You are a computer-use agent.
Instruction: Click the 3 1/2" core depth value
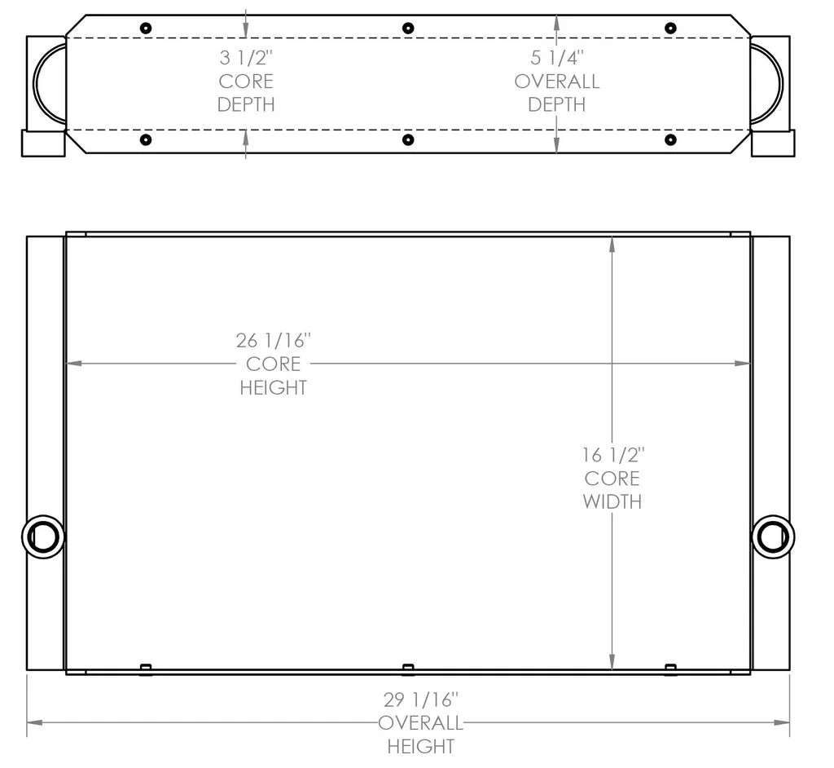246,58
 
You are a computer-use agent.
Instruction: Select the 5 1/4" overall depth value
557,58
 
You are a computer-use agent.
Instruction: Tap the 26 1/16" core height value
274,341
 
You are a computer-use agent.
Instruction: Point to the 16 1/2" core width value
612,456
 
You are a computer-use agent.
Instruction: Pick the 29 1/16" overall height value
421,700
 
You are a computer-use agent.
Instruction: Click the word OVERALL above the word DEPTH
557,82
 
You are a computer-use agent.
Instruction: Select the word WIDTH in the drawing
612,501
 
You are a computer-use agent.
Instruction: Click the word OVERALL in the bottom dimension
421,723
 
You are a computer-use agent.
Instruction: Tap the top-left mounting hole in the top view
146,28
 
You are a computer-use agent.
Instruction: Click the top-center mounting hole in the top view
408,28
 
